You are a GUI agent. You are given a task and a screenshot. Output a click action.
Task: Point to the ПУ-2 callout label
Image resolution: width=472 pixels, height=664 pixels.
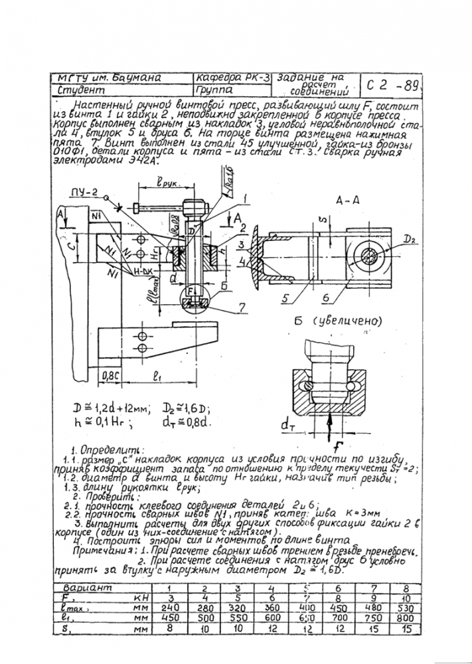pos(84,193)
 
